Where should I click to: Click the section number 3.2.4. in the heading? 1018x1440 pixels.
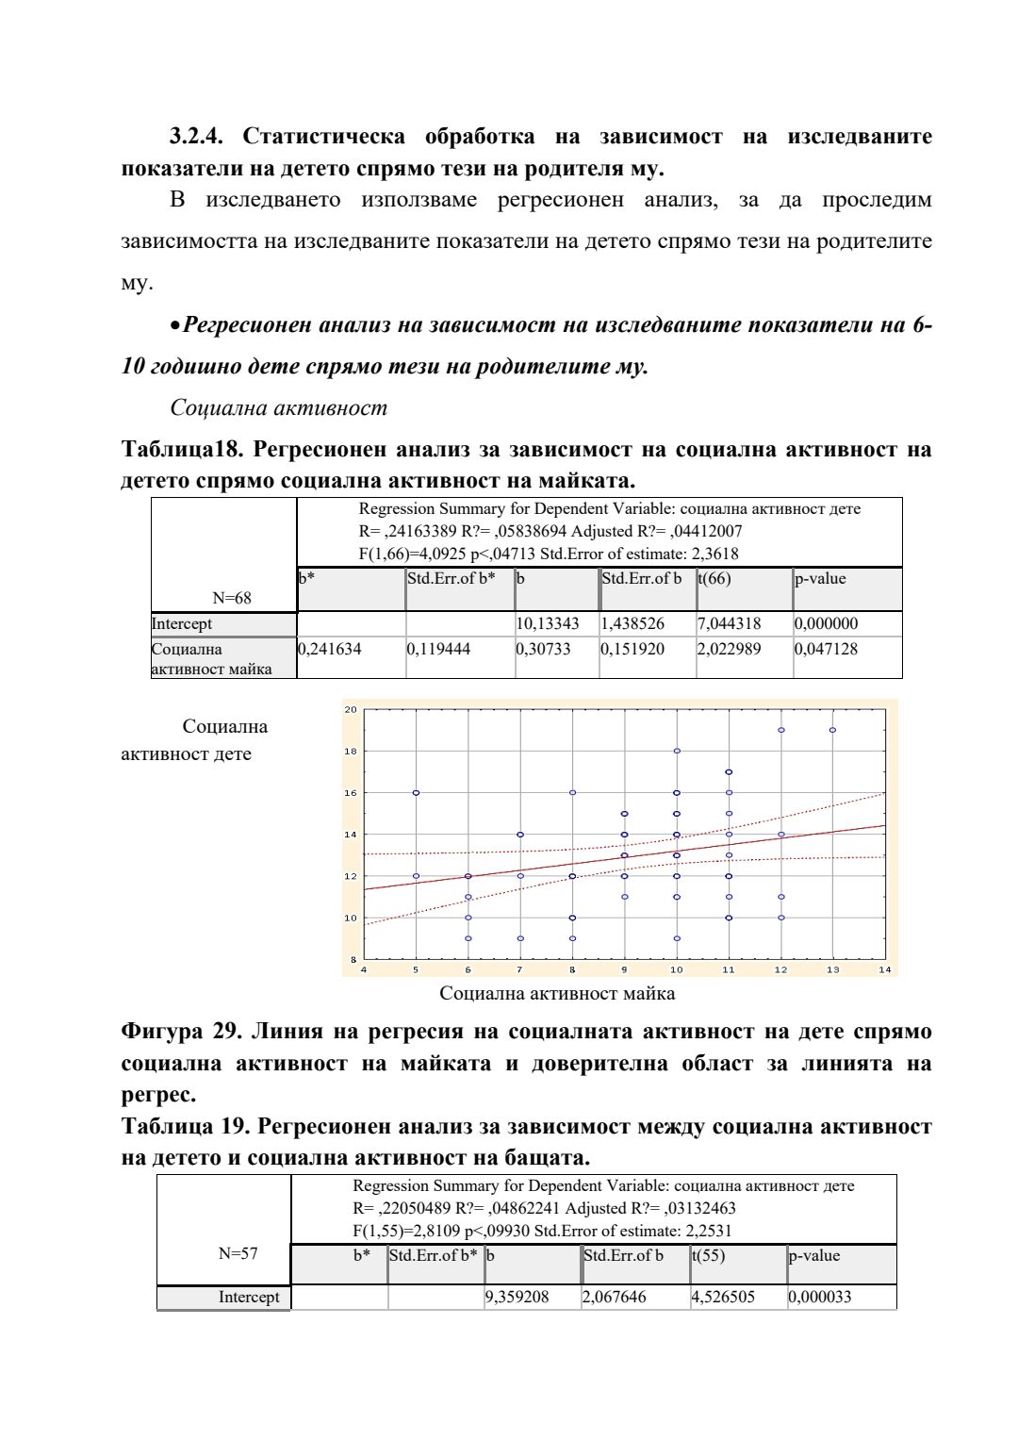[x=196, y=137]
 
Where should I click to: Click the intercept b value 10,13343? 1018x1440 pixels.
[x=548, y=623]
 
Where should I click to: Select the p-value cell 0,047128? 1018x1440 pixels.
[x=827, y=649]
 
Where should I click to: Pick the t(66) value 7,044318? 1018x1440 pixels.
[x=729, y=623]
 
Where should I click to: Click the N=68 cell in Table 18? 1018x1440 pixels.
[x=232, y=598]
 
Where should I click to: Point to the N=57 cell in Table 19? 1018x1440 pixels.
[x=238, y=1253]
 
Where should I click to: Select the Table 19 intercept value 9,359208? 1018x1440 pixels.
[x=517, y=1297]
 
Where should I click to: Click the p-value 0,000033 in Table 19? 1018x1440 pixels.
[x=820, y=1297]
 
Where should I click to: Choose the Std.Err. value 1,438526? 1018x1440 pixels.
[x=632, y=623]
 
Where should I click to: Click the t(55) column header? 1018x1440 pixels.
[x=709, y=1255]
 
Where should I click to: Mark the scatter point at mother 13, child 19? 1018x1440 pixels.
[x=832, y=730]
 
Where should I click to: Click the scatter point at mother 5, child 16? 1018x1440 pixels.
[x=416, y=793]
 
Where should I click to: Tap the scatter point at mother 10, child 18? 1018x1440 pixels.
[x=677, y=752]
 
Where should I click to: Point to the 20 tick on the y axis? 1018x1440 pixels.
[x=351, y=710]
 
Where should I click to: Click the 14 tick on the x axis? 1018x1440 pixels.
[x=884, y=969]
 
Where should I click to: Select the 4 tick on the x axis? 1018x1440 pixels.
[x=364, y=969]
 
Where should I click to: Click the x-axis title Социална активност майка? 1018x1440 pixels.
[x=557, y=993]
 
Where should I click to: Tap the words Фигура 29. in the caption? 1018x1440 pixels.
[x=181, y=1032]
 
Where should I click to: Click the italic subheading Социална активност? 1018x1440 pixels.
[x=278, y=407]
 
